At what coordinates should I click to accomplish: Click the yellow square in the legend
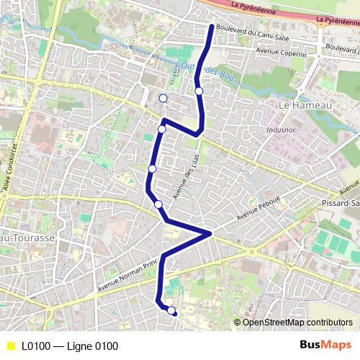coord(9,346)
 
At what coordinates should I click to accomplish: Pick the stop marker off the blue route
coord(163,98)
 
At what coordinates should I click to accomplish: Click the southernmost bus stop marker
coord(171,311)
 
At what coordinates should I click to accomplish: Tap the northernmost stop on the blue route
coord(199,91)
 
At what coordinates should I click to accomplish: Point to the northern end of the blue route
coord(211,27)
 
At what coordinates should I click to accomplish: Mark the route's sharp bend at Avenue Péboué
coord(210,234)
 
